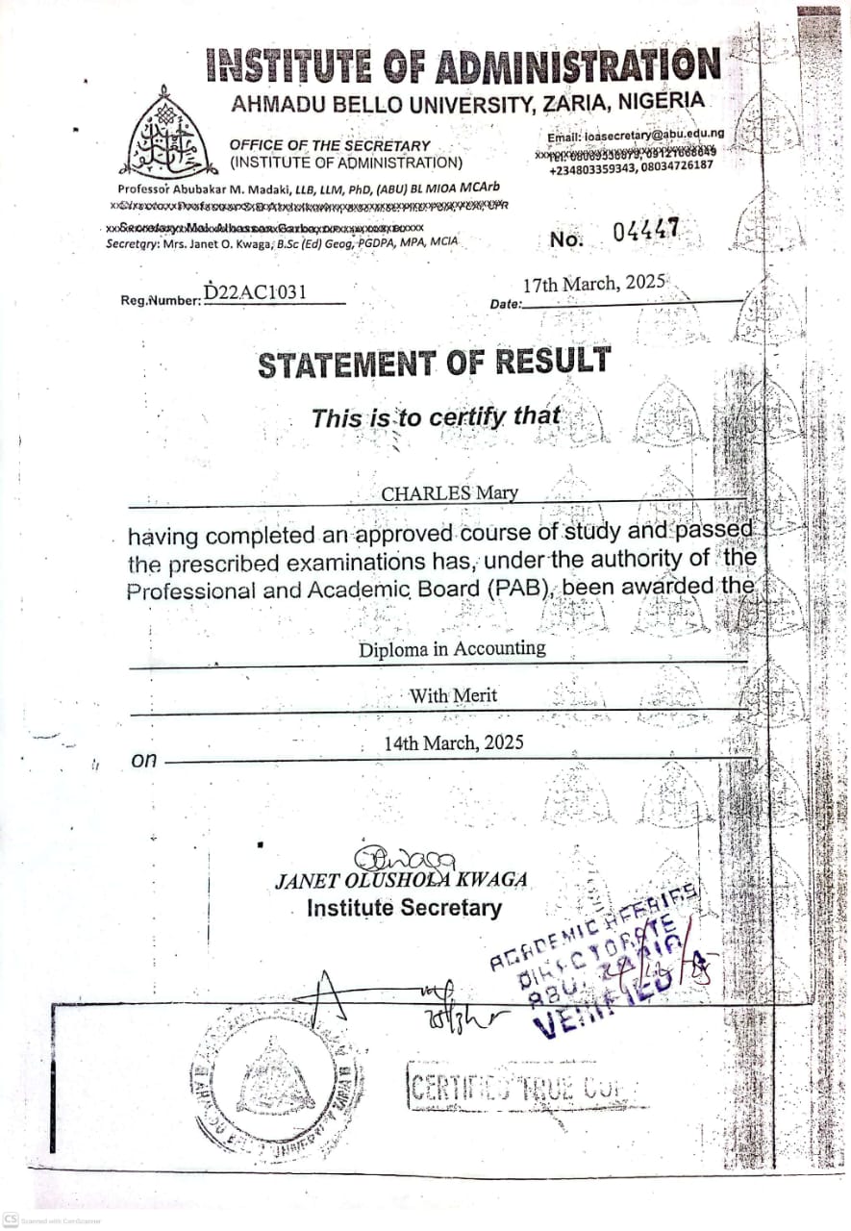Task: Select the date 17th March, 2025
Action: pyautogui.click(x=594, y=285)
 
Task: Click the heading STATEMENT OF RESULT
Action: pyautogui.click(x=433, y=364)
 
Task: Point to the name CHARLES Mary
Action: pyautogui.click(x=449, y=493)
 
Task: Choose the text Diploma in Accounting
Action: pyautogui.click(x=452, y=649)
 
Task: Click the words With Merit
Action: pyautogui.click(x=453, y=695)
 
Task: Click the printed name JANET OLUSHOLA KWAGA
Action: pyautogui.click(x=401, y=880)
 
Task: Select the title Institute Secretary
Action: pyautogui.click(x=404, y=908)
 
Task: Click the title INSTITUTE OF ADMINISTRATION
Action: pyautogui.click(x=463, y=66)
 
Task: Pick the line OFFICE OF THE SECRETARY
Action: pyautogui.click(x=330, y=145)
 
